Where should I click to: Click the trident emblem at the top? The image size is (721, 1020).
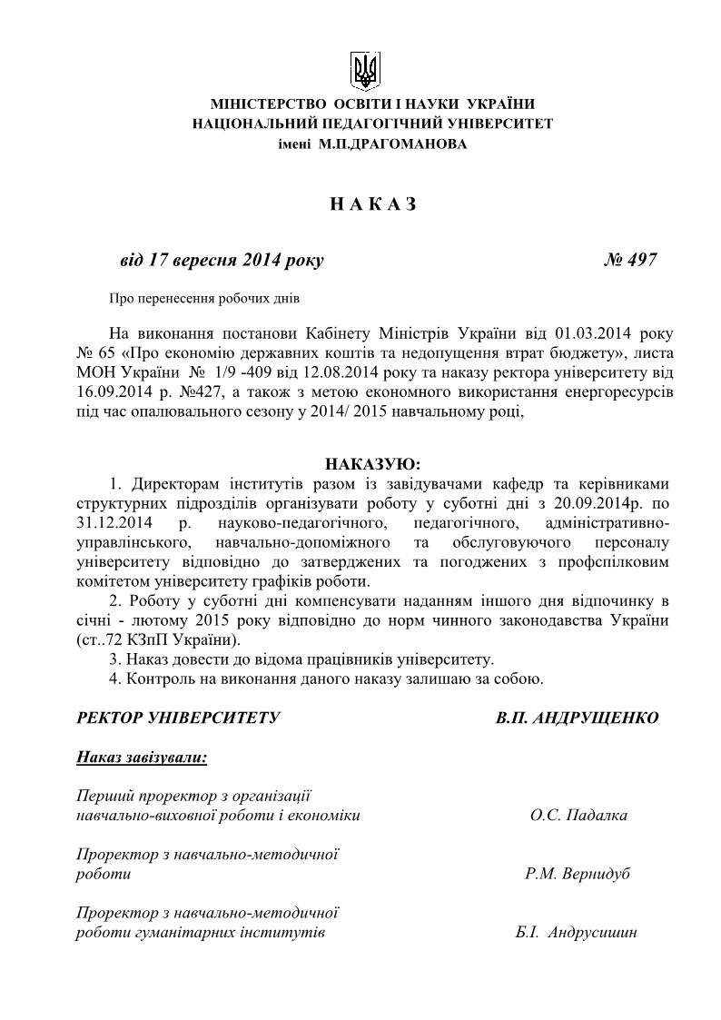[x=365, y=70]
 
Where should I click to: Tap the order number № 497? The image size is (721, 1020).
[x=630, y=260]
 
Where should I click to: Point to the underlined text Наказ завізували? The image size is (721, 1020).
[x=142, y=756]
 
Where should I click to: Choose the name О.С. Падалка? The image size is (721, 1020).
[x=578, y=815]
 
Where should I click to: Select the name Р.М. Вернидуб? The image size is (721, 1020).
[x=577, y=874]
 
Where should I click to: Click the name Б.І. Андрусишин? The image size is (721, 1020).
[x=569, y=933]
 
